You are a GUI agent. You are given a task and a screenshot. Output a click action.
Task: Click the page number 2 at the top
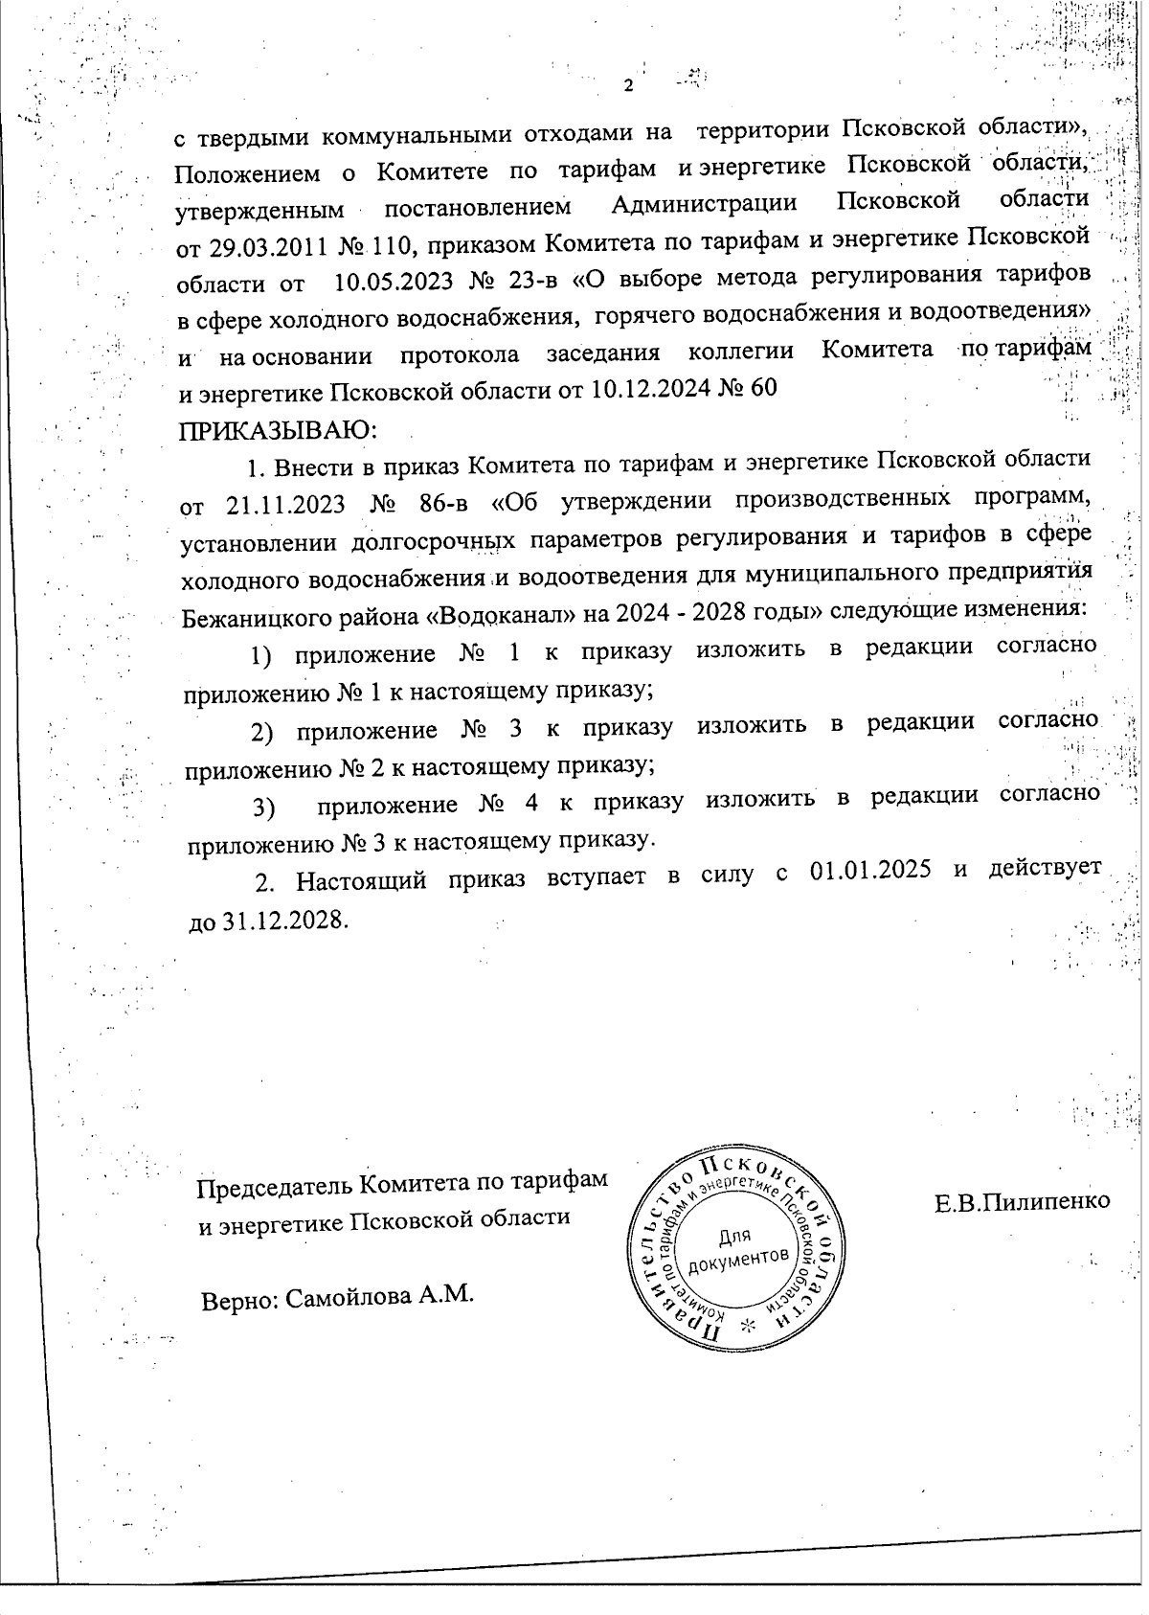click(628, 86)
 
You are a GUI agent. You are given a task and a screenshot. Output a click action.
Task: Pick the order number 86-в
click(442, 505)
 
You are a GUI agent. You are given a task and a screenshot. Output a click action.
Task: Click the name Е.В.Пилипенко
click(1022, 1201)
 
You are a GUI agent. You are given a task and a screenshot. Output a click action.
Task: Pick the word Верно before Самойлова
click(239, 1300)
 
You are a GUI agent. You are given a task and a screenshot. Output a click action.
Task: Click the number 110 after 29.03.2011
click(390, 245)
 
